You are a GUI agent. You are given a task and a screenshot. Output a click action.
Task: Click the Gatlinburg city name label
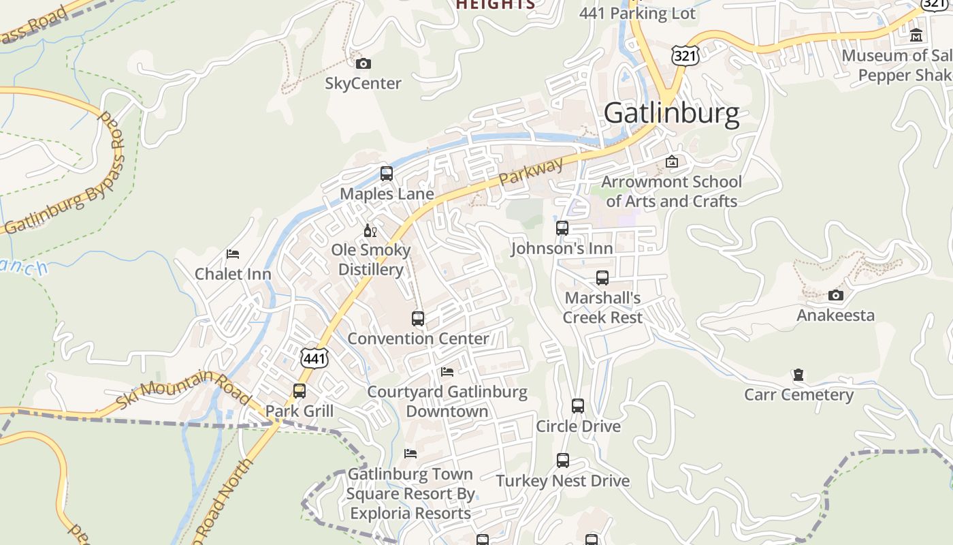(x=671, y=113)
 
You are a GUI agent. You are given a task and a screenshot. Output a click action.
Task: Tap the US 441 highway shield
(x=314, y=357)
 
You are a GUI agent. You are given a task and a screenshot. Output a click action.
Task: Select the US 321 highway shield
(x=685, y=55)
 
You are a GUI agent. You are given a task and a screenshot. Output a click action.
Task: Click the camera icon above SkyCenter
(x=364, y=63)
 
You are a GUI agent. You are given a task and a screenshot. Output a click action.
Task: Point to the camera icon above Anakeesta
(x=836, y=295)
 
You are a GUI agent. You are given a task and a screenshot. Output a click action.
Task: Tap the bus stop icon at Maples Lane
(x=387, y=174)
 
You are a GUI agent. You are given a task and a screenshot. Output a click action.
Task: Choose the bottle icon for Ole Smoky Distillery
(x=370, y=230)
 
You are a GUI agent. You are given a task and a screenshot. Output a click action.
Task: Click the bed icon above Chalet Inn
(x=233, y=254)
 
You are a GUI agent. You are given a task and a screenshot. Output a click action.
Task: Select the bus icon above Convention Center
(x=418, y=318)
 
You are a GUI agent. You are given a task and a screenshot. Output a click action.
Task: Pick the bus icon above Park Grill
(x=300, y=391)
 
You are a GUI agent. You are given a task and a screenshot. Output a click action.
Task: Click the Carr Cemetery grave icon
(x=798, y=375)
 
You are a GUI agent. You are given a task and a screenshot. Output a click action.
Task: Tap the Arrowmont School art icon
(x=672, y=161)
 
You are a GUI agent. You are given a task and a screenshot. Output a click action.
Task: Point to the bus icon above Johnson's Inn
(x=562, y=228)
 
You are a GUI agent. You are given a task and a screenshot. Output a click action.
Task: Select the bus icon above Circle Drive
(x=578, y=406)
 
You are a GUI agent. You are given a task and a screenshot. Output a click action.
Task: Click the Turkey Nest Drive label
(x=562, y=480)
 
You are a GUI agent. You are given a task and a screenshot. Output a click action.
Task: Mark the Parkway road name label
(x=532, y=172)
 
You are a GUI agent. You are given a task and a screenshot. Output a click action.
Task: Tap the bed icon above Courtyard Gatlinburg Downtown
(x=447, y=371)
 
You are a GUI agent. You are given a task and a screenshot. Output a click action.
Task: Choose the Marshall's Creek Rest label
(x=602, y=308)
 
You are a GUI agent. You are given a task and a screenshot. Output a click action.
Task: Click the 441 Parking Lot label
(x=637, y=14)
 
